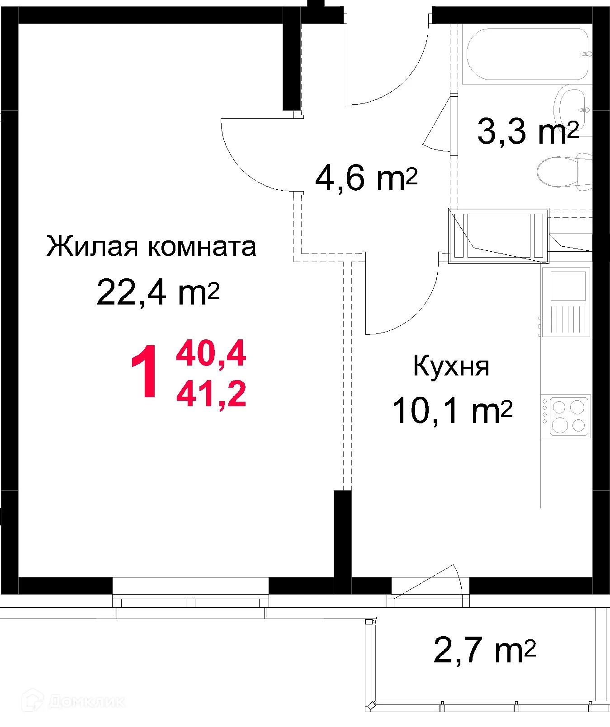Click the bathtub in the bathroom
point(527,55)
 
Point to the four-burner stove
point(567,416)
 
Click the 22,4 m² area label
point(158,293)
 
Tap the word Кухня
point(451,366)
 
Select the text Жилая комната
point(151,247)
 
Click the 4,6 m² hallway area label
point(366,178)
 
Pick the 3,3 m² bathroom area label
point(527,131)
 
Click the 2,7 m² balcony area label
point(484,650)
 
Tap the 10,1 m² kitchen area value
point(452,411)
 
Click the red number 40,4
point(211,354)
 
